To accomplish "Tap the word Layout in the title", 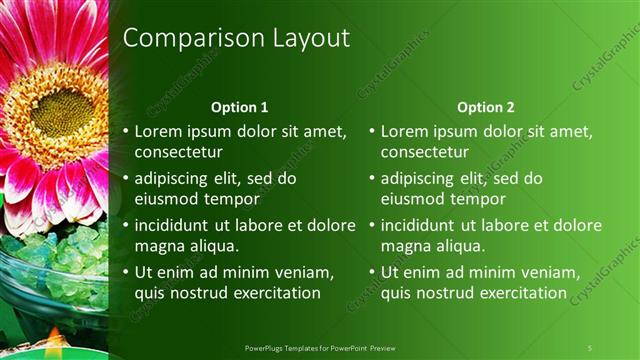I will (304, 38).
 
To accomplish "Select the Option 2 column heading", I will (486, 107).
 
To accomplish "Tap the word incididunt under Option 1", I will (179, 225).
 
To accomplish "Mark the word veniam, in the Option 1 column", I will (301, 272).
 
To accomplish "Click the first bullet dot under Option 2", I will (372, 131).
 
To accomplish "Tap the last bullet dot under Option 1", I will (125, 272).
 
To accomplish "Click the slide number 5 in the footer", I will (590, 347).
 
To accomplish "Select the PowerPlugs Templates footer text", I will (326, 347).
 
